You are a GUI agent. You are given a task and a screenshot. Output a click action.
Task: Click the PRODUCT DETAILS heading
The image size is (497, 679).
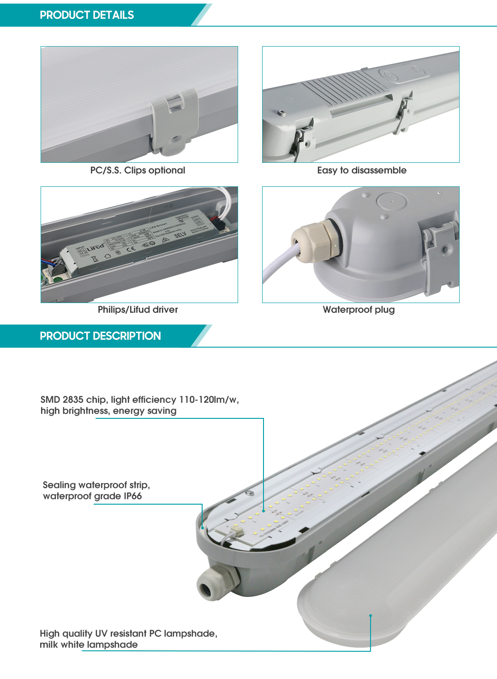point(87,15)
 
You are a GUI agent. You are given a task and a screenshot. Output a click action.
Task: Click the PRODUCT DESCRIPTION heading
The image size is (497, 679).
point(100,336)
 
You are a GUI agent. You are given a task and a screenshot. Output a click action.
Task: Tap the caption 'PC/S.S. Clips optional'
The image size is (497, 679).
point(138,170)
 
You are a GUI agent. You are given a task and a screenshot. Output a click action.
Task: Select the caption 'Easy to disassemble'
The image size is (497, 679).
point(361,170)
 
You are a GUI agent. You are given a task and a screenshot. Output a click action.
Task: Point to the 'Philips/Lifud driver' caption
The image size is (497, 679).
point(138,310)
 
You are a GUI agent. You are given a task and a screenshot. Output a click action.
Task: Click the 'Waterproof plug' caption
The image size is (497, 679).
point(359,310)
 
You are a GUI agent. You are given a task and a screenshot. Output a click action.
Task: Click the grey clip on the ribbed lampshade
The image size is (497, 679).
point(174,122)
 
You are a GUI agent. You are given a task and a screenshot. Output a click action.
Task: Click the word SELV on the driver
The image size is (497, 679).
point(180,235)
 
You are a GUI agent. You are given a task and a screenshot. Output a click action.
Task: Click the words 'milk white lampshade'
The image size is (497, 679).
point(89,644)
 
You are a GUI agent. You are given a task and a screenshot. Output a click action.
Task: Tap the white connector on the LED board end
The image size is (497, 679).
point(237,530)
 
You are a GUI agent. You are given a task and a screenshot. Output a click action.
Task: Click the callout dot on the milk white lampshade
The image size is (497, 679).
point(371,615)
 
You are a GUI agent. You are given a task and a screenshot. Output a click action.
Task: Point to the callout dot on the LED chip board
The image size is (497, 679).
point(263,511)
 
